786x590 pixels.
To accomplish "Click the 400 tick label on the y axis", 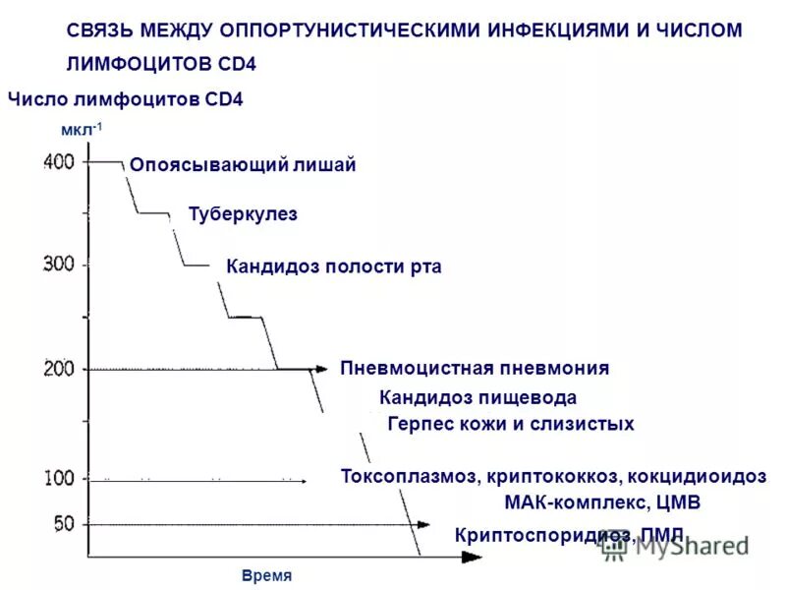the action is [x=58, y=162].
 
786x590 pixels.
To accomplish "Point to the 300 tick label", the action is [x=59, y=264].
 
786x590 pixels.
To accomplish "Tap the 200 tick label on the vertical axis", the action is [x=59, y=370].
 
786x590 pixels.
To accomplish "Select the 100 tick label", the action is [x=59, y=479].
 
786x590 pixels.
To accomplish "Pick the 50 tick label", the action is [x=63, y=524].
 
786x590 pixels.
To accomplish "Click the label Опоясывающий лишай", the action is [x=243, y=166].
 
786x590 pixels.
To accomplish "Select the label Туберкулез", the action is [x=243, y=214].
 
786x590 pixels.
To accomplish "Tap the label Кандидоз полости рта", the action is [x=333, y=266].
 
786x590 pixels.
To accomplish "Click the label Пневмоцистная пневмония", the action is [x=475, y=369].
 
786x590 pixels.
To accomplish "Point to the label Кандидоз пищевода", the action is [x=477, y=398].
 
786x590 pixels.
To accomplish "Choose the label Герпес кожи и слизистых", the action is [x=511, y=425].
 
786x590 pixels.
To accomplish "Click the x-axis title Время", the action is [x=266, y=576].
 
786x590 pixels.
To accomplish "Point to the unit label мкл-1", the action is [x=82, y=130].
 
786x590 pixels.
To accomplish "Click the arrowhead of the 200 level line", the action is [x=320, y=370].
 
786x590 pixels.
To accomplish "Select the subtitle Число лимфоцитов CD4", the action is [x=125, y=99].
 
